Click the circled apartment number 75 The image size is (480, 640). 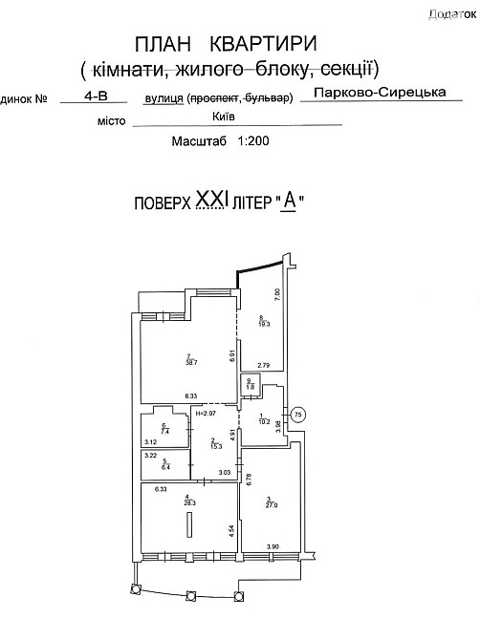click(x=297, y=414)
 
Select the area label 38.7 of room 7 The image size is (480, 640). click(x=190, y=362)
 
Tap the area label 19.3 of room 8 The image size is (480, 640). click(x=263, y=325)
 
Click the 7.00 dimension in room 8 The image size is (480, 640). click(x=277, y=294)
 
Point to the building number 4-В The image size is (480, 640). click(x=96, y=96)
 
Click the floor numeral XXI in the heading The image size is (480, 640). click(x=215, y=202)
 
